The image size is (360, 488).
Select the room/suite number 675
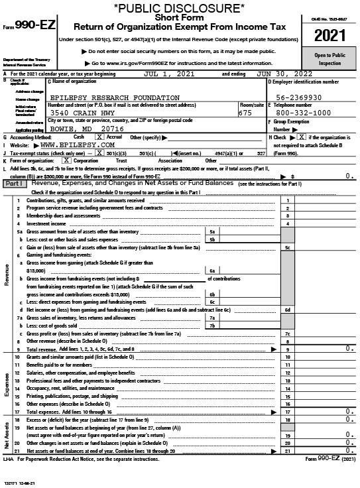245,113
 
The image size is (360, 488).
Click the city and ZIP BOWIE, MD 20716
86,129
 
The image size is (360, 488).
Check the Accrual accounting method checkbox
99,137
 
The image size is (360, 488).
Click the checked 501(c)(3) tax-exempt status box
91,152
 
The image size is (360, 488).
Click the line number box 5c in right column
288,247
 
